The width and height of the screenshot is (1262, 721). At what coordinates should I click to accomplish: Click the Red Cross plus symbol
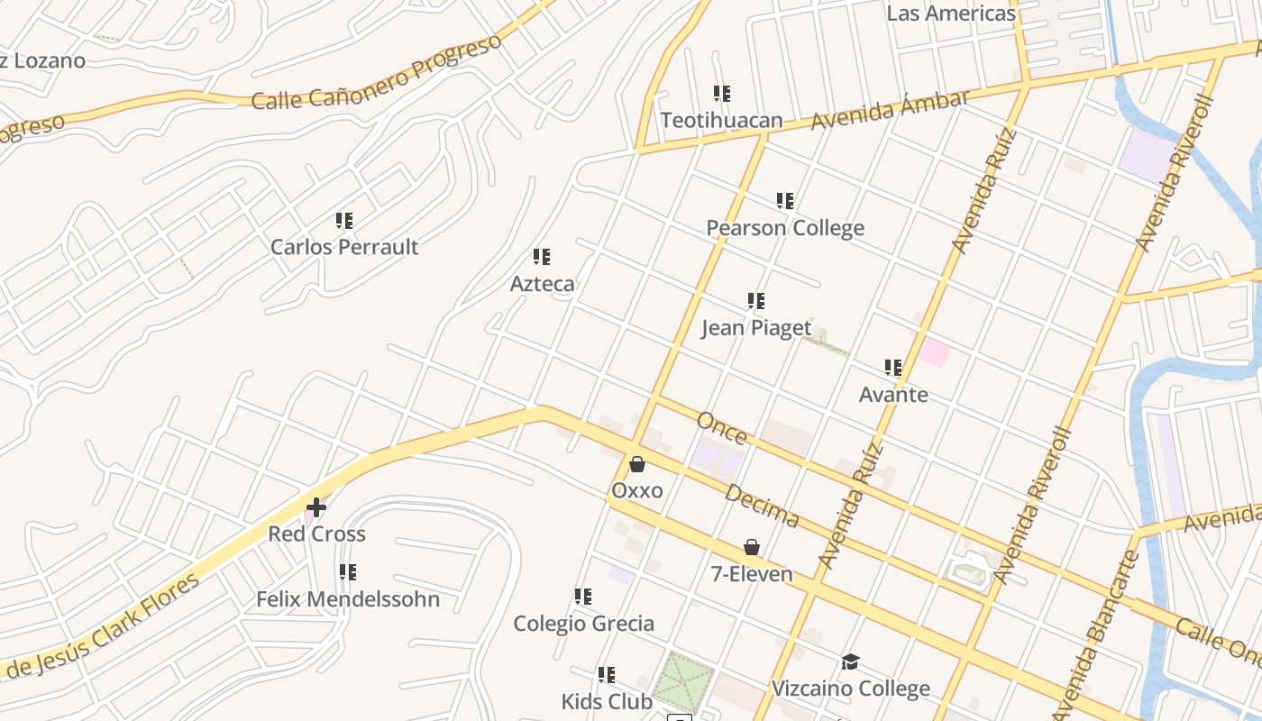point(315,507)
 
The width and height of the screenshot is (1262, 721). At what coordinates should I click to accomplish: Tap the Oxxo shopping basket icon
point(637,464)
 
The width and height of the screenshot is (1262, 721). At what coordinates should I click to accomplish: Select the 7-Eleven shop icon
point(751,547)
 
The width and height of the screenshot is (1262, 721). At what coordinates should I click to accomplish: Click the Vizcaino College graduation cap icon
point(850,662)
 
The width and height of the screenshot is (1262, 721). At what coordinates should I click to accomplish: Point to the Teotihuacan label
point(721,120)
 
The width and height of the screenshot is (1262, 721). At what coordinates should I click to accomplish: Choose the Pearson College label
point(784,228)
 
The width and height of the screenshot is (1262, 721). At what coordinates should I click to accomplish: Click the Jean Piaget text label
point(756,327)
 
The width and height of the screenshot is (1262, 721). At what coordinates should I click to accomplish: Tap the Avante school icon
point(892,368)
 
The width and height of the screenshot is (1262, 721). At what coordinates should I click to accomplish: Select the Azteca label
point(542,284)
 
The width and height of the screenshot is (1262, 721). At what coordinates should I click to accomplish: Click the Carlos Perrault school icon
point(343,221)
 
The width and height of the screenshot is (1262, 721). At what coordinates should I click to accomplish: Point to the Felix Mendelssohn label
point(348,599)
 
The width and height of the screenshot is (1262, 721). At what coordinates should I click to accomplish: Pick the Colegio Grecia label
point(583,624)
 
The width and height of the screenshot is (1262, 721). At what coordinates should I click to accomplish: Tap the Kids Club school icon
point(607,674)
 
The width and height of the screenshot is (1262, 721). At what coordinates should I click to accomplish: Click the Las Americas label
point(951,14)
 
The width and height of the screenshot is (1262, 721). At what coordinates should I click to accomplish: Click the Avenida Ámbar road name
point(890,109)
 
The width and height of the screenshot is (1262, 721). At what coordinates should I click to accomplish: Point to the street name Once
point(722,430)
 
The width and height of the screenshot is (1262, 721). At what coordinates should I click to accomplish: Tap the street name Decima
point(762,506)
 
